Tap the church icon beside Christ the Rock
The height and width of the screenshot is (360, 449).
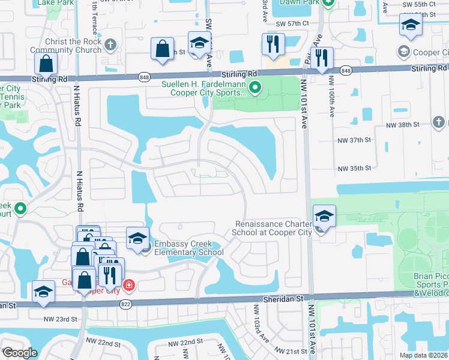110,45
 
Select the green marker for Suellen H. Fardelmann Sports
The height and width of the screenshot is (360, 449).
255,89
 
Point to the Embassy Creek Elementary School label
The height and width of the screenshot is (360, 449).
188,248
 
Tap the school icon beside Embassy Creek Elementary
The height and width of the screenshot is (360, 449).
137,238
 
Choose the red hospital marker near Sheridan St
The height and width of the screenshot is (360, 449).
128,284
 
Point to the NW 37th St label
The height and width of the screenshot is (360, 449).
355,140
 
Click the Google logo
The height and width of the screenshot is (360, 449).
19,353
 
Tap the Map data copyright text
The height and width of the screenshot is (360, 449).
424,355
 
